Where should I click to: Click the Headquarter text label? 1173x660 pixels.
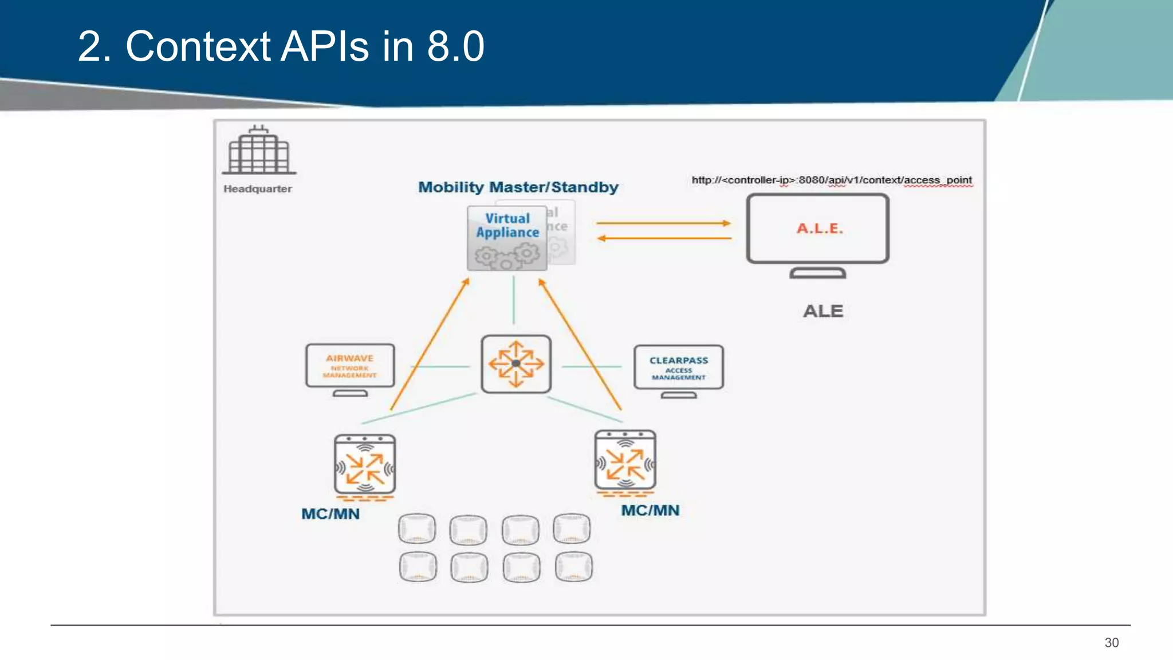(x=258, y=189)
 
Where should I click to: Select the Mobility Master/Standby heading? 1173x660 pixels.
(x=518, y=187)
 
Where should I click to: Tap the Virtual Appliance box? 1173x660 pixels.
(x=507, y=238)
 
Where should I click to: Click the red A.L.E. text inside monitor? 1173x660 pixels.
(x=820, y=229)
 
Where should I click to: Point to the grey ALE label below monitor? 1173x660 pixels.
(x=823, y=311)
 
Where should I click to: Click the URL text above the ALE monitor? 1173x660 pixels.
(x=832, y=180)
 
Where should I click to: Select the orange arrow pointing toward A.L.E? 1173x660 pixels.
(x=663, y=223)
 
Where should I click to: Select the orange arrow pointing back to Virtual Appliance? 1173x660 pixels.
(x=663, y=238)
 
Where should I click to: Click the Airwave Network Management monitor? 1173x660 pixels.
(x=350, y=367)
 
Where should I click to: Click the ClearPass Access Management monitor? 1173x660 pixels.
(x=679, y=368)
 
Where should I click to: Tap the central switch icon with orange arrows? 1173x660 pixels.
(x=516, y=364)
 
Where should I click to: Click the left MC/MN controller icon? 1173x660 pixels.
(x=365, y=465)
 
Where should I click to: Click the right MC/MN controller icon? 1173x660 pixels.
(x=625, y=461)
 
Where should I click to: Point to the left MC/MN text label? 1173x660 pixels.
(x=330, y=514)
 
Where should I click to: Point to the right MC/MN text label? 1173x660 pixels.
(x=650, y=510)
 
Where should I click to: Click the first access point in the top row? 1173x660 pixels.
(x=417, y=528)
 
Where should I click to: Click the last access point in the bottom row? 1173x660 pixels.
(x=574, y=567)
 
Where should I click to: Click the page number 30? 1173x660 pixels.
(x=1111, y=643)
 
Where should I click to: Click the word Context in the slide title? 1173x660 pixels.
(x=198, y=46)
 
